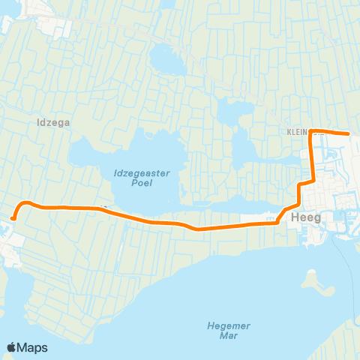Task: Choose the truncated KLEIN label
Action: [297, 130]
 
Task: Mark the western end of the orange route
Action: [13, 218]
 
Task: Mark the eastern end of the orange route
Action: [349, 134]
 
